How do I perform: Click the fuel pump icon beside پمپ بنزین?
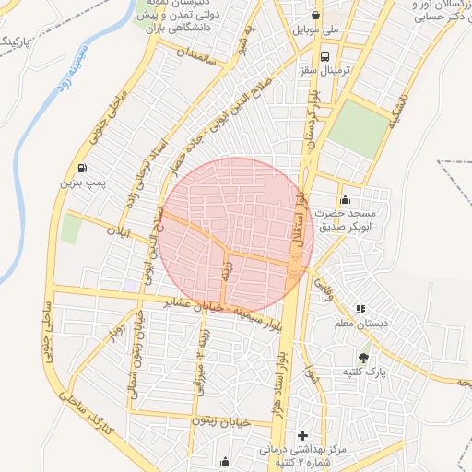click(x=84, y=169)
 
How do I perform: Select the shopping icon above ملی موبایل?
click(x=316, y=15)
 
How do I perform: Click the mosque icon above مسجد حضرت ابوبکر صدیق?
click(x=346, y=199)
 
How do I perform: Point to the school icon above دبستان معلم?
click(x=360, y=308)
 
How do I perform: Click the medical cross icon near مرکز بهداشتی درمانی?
click(x=302, y=434)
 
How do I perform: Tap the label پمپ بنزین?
click(x=84, y=184)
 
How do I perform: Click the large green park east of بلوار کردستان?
click(x=353, y=129)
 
